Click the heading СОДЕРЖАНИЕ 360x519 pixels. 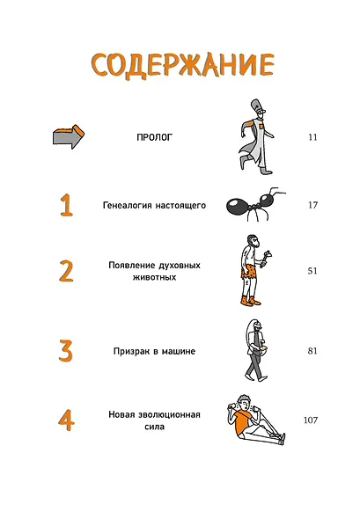[182, 66]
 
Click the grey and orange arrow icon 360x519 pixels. [69, 136]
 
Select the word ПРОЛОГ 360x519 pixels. [155, 137]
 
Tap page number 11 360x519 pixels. [313, 137]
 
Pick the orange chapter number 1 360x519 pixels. [66, 205]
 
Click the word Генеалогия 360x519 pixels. [128, 206]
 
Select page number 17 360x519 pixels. [313, 205]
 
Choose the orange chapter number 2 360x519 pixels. [66, 271]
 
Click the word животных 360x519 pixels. [154, 277]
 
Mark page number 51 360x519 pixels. [312, 271]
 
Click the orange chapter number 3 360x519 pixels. [66, 350]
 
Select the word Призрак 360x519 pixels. [131, 351]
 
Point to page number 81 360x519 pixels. [312, 351]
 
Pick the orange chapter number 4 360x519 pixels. [66, 420]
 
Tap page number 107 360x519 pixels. [311, 420]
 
